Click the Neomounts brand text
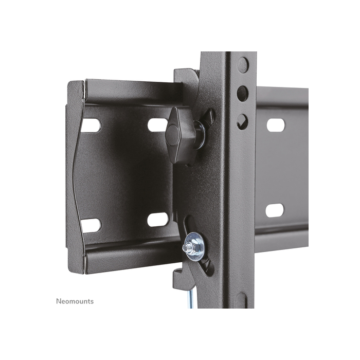pos(75,301)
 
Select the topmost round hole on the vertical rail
pos(243,65)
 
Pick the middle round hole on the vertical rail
pos(242,94)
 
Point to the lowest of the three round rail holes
pos(242,121)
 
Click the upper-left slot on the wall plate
pos(91,125)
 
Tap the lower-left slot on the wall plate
pos(91,225)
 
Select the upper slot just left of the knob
pos(157,124)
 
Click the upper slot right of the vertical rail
pos(275,125)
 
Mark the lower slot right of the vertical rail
pos(275,210)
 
